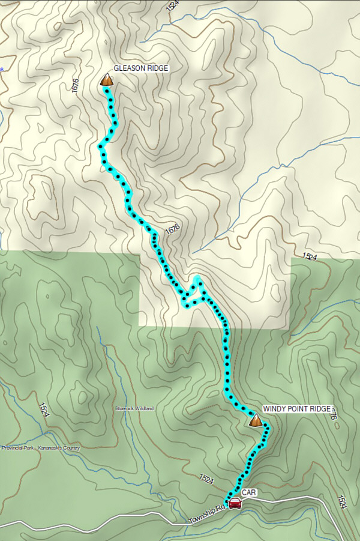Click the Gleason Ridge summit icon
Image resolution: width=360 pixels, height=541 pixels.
(x=107, y=79)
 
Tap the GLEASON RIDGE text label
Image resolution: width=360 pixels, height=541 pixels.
(x=141, y=68)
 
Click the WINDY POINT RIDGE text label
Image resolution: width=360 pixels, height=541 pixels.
(x=296, y=409)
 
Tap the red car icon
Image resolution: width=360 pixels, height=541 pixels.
(x=235, y=503)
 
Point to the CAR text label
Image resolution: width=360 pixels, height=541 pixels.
(x=249, y=492)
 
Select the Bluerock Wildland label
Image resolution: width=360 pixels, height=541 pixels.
(x=134, y=408)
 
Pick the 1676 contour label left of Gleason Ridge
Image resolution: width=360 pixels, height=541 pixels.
(x=75, y=86)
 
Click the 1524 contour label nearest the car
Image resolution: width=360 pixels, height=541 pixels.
(x=206, y=479)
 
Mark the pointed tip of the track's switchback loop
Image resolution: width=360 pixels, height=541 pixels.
(x=196, y=278)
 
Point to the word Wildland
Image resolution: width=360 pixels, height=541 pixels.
(x=144, y=408)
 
